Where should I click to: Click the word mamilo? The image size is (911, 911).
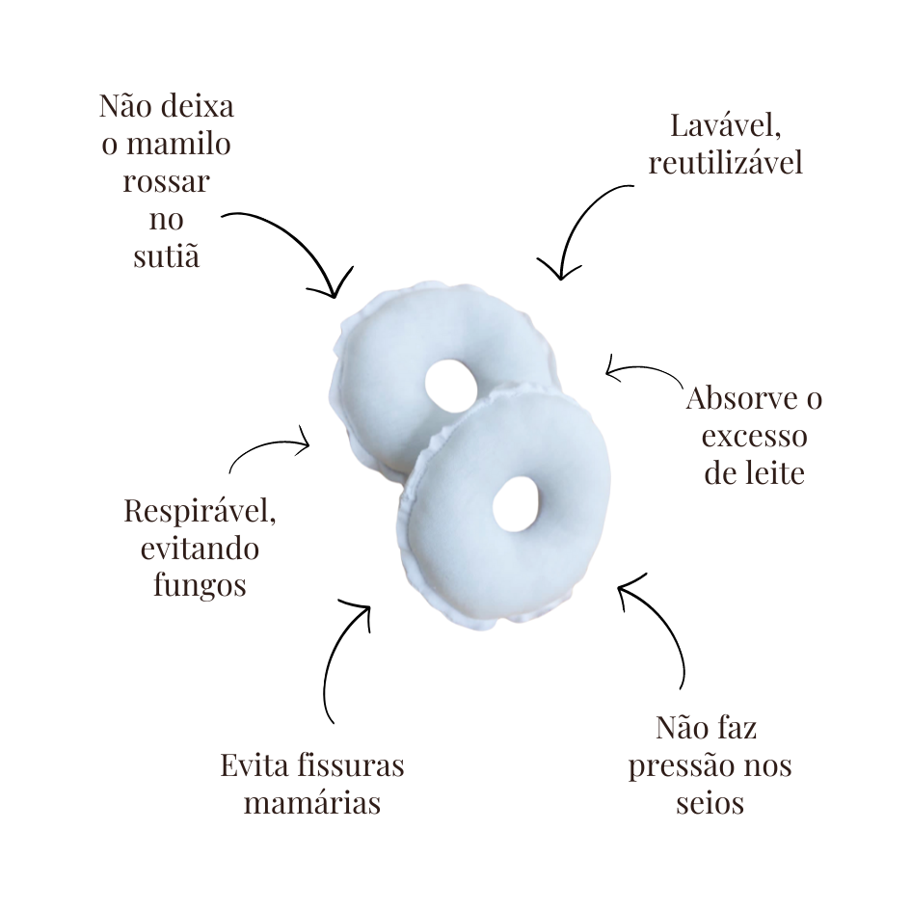tap(178, 144)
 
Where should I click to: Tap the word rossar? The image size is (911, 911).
tap(166, 182)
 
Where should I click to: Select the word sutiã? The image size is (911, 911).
tap(166, 255)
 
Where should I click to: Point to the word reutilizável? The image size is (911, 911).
tap(726, 163)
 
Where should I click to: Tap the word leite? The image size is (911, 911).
tap(774, 473)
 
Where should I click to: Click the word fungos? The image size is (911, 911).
tap(200, 586)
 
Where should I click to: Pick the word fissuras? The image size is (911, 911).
tap(350, 765)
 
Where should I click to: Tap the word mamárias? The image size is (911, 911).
tap(312, 804)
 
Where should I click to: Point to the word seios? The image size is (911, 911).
tap(710, 804)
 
